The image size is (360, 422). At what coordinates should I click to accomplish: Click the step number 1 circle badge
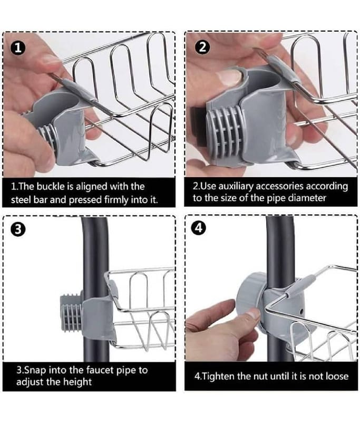18,49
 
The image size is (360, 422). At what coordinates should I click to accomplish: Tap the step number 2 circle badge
203,47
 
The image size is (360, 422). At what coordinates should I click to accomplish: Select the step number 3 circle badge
18,229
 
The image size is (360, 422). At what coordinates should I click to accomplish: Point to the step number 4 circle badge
198,228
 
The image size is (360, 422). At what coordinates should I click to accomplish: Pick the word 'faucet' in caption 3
101,370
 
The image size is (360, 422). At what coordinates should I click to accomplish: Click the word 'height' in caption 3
77,382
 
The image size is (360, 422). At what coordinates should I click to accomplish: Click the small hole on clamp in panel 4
301,312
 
